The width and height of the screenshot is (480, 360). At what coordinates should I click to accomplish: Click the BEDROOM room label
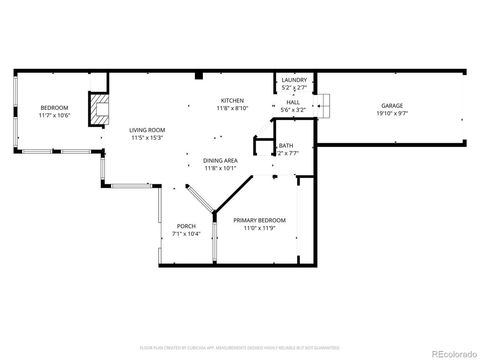click(54, 107)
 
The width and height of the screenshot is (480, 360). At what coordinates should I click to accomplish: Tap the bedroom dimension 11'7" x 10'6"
click(54, 116)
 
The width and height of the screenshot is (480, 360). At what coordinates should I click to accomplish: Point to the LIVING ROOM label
click(147, 130)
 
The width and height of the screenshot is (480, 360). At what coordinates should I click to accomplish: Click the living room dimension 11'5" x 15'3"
click(147, 138)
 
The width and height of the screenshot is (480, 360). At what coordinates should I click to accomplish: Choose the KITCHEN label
click(233, 101)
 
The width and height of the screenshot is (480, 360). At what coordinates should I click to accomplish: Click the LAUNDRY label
click(294, 80)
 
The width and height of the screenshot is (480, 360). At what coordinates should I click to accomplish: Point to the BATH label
click(286, 145)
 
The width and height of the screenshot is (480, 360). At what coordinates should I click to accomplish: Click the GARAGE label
click(391, 106)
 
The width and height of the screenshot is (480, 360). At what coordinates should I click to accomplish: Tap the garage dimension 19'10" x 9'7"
click(391, 115)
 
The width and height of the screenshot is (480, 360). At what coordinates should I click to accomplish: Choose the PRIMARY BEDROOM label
click(259, 220)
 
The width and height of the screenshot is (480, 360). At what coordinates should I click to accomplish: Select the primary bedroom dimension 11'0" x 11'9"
click(259, 229)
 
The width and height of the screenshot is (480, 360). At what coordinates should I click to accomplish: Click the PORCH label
click(187, 226)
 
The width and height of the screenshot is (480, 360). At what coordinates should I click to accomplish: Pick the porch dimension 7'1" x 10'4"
click(187, 234)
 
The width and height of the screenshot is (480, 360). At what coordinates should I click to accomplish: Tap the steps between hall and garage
click(325, 103)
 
